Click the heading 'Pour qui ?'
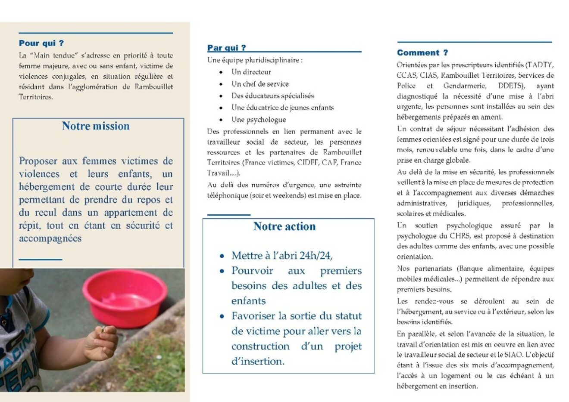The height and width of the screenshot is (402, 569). [41, 43]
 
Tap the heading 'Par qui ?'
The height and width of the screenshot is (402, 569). [227, 48]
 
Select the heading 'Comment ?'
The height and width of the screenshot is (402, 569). [422, 53]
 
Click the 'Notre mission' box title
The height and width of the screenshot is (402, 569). [96, 126]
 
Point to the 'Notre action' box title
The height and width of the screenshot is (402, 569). [284, 226]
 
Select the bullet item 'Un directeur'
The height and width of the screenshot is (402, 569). [251, 72]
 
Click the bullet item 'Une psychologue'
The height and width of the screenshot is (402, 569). [259, 120]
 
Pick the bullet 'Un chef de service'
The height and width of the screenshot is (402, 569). [260, 84]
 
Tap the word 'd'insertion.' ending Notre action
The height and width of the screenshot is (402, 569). [258, 362]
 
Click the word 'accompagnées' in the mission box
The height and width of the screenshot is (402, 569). [50, 238]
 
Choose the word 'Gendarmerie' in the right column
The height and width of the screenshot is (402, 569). [465, 86]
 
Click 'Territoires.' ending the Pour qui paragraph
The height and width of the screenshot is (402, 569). [36, 97]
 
